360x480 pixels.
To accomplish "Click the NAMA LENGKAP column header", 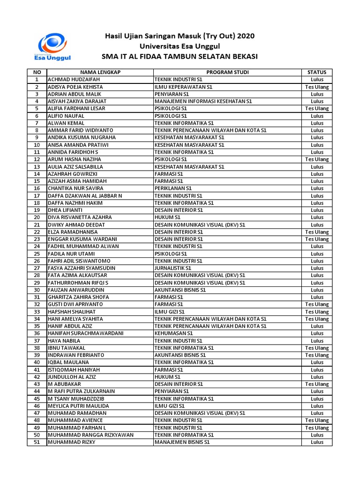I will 100,72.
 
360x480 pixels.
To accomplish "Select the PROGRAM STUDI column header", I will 227,72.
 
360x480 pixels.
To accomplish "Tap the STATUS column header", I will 317,72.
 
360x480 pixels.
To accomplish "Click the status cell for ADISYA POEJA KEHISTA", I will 317,87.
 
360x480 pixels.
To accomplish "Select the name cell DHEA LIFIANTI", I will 65,210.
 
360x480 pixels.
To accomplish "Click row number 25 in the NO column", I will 37,254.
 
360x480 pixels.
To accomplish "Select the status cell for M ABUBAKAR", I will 317,384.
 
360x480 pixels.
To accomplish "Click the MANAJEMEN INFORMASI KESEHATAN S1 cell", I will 203,101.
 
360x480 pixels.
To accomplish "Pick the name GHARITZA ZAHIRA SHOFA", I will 78,297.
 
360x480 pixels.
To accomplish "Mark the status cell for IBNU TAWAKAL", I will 317,348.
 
